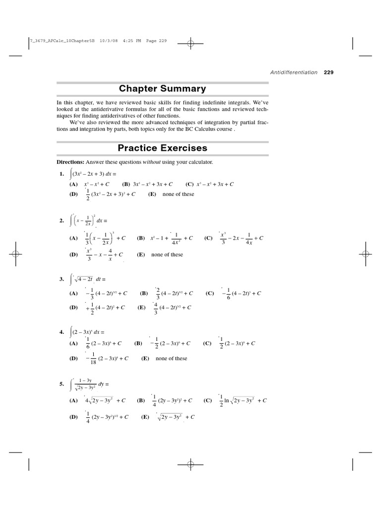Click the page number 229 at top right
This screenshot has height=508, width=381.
click(328, 72)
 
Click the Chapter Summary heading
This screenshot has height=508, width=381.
click(162, 89)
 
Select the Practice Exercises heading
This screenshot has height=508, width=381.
click(162, 148)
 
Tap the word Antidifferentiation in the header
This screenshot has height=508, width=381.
click(294, 72)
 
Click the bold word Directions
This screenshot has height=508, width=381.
click(70, 162)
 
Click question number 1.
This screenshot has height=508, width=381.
click(62, 174)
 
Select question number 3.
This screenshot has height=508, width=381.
click(62, 280)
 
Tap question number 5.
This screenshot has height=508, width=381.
click(62, 384)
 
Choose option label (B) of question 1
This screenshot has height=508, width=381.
click(126, 184)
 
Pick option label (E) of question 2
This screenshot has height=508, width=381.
click(141, 254)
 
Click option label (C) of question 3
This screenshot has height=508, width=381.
click(209, 293)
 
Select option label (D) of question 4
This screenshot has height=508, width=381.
click(73, 358)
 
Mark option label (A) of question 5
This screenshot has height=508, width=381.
click(73, 400)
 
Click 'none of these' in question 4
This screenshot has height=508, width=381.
click(171, 358)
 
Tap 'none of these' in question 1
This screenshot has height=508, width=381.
click(178, 194)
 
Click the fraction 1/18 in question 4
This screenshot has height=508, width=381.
click(92, 358)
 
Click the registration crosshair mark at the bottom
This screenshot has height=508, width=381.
click(190, 465)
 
